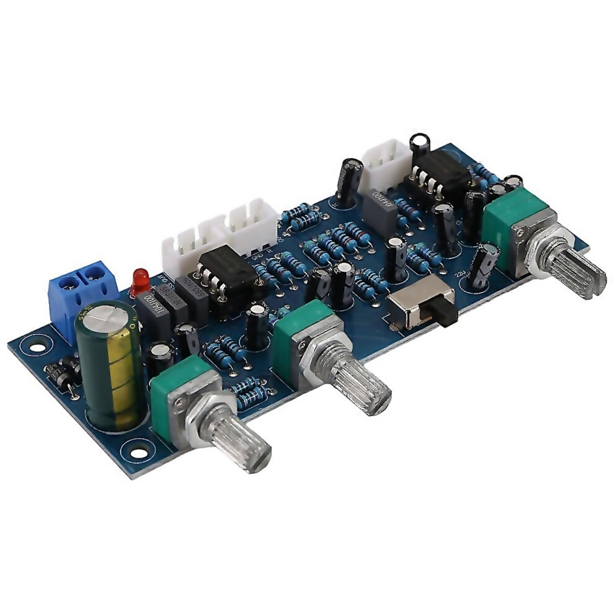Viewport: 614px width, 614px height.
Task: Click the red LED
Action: (x=141, y=280)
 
